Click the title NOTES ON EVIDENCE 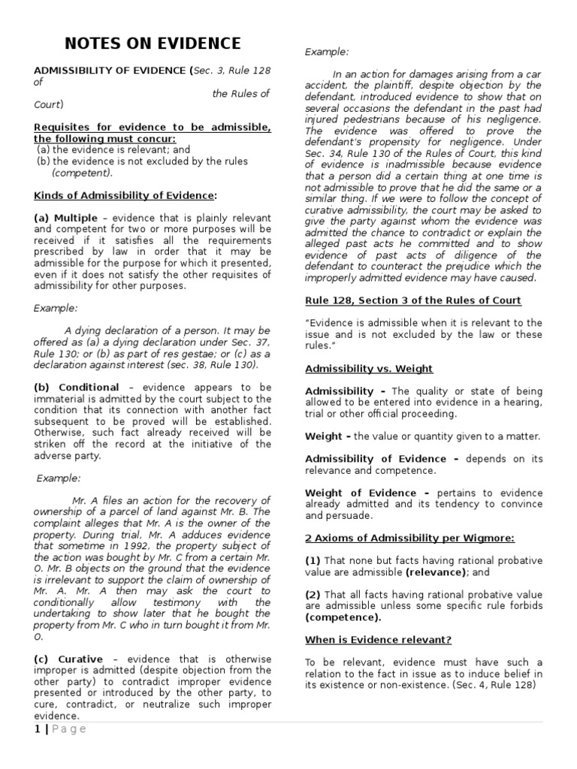pyautogui.click(x=153, y=43)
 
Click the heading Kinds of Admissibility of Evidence pyautogui.click(x=125, y=196)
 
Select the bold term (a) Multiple pyautogui.click(x=66, y=218)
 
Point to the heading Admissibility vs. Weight pyautogui.click(x=368, y=369)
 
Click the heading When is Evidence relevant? pyautogui.click(x=377, y=640)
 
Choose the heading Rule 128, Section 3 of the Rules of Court pyautogui.click(x=412, y=300)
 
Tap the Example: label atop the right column pyautogui.click(x=327, y=52)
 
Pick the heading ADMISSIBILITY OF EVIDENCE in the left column pyautogui.click(x=111, y=71)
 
